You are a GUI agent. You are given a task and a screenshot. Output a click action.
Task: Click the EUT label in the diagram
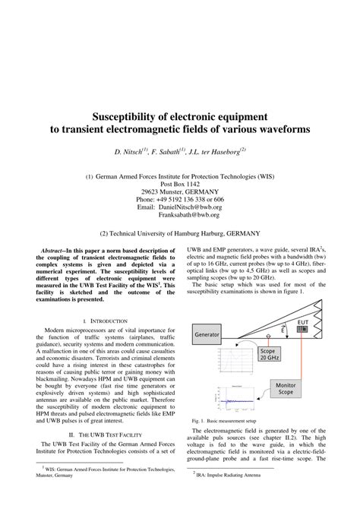[x=303, y=322]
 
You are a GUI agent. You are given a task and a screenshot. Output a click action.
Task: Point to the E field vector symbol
[x=283, y=330]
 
